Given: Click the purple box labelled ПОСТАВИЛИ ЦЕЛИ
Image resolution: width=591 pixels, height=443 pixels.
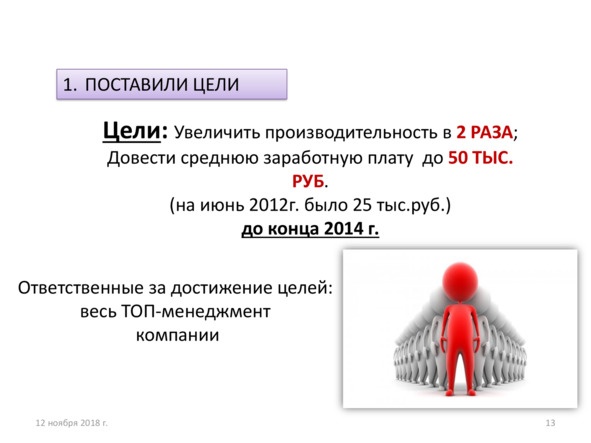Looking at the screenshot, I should pos(171,84).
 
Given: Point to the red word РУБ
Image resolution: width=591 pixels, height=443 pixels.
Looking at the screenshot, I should pos(307,183).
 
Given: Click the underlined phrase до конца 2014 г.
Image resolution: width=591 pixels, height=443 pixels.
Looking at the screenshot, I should pos(310,229).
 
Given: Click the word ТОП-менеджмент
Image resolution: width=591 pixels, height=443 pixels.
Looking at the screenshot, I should pos(196,312).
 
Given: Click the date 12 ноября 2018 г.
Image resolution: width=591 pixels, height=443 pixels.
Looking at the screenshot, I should pos(71,424).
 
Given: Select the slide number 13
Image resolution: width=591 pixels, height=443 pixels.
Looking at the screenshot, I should pos(548,424).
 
